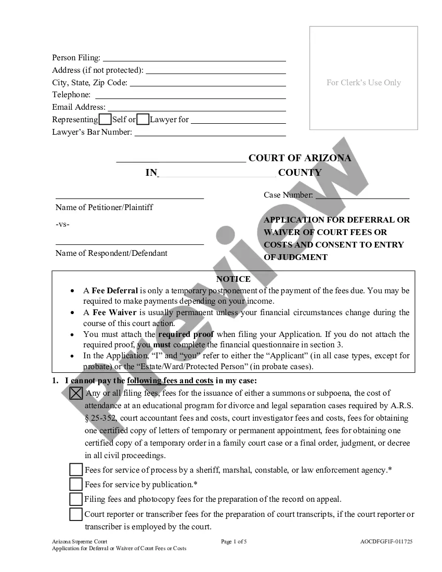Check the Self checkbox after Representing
[105, 119]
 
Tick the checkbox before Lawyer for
[143, 119]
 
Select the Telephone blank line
[190, 95]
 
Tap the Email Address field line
[197, 108]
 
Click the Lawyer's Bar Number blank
[210, 133]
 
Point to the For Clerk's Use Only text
[363, 82]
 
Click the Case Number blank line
[362, 196]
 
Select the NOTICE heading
[233, 279]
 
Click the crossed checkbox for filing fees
[76, 393]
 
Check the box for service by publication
[76, 485]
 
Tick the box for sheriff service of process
[76, 470]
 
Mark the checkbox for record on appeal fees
[76, 499]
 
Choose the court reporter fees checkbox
[76, 514]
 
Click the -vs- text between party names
[62, 224]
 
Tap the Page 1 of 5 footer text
[234, 541]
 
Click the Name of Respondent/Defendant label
[111, 253]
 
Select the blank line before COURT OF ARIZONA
[181, 159]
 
